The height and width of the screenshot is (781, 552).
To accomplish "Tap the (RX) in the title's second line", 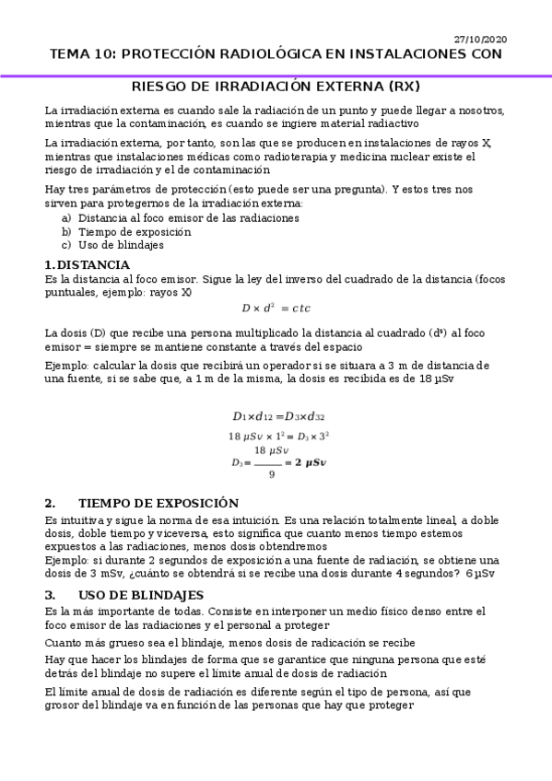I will point(403,87).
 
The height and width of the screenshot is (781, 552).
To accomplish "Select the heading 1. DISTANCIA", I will point(87,265).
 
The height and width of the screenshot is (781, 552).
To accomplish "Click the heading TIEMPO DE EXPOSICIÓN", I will point(159,503).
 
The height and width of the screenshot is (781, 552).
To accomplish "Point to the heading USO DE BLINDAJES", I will point(141,594).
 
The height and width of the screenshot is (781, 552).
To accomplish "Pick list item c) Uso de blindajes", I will point(121,245).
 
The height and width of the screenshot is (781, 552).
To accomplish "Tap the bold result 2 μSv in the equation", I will point(309,462).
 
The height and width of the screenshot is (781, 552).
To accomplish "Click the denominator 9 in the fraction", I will point(272,475).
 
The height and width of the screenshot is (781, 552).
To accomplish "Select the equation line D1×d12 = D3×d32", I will point(278,415).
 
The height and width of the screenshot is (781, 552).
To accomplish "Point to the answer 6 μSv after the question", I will point(480,572).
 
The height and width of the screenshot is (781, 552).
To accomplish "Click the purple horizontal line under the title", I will point(276,75).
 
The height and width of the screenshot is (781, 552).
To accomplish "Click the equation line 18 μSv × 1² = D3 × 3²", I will point(279,436).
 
